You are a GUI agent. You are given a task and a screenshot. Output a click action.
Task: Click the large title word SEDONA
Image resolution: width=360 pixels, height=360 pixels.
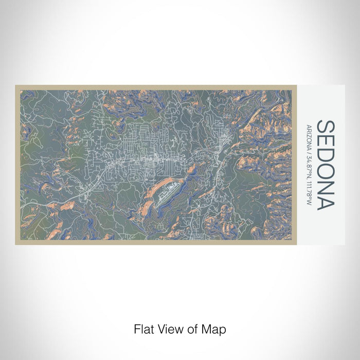325,165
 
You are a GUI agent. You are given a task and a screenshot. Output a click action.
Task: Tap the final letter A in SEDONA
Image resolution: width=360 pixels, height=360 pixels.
325,203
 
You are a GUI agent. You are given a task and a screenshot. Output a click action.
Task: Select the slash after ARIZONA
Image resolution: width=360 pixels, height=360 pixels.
309,150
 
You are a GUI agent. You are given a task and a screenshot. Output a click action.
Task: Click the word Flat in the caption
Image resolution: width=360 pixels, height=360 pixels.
143,329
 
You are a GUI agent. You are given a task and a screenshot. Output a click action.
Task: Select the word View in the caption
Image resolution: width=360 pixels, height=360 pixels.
168,329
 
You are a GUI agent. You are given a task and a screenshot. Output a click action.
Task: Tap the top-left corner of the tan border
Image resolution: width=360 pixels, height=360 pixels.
16,86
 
